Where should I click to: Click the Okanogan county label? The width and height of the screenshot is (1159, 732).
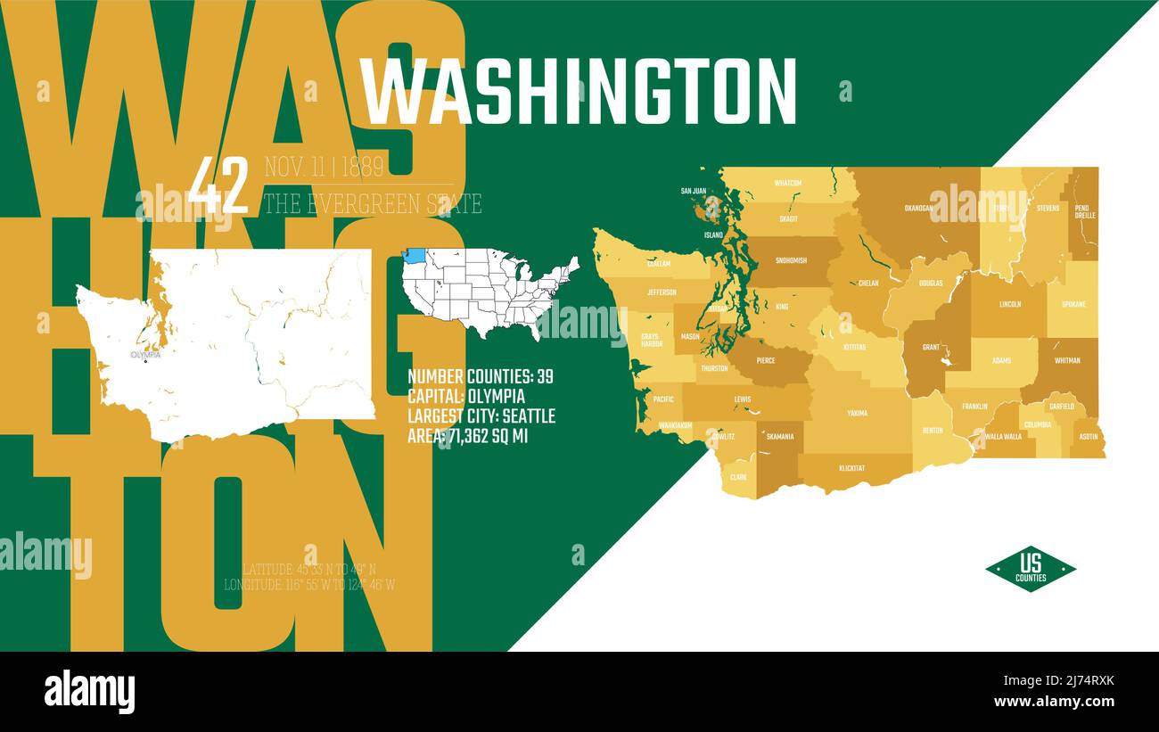(917, 208)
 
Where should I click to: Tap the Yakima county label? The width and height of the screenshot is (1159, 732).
(857, 414)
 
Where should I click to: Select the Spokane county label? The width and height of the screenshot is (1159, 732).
(1073, 304)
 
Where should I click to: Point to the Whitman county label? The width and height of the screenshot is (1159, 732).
(1067, 361)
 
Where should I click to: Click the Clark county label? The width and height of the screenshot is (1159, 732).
(738, 477)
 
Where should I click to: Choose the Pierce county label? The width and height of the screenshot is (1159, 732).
(766, 361)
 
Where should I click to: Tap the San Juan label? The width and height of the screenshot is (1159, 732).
(693, 191)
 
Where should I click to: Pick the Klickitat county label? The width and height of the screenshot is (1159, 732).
(851, 467)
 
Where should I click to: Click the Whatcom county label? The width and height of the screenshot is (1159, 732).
(787, 183)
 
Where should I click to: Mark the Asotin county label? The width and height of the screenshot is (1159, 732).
(1089, 437)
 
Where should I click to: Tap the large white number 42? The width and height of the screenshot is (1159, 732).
(218, 185)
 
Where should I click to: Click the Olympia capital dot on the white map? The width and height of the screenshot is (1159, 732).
(145, 361)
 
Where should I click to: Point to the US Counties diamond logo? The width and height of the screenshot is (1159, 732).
(1030, 569)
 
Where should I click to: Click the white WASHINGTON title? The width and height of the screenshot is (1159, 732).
(578, 92)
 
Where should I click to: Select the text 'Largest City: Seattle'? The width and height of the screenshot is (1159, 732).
(481, 416)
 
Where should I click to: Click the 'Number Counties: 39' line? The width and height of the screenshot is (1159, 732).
(481, 376)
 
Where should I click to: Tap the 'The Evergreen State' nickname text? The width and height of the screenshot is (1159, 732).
(372, 204)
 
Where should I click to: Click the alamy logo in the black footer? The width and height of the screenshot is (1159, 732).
(89, 692)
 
